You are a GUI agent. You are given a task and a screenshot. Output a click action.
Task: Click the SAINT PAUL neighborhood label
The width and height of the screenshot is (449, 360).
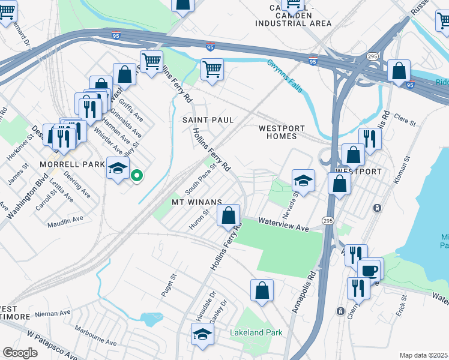click(x=208, y=120)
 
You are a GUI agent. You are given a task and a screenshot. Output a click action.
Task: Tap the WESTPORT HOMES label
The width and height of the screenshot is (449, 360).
click(x=282, y=132)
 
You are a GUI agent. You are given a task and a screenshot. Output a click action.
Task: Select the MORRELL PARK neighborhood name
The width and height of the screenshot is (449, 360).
click(x=64, y=164)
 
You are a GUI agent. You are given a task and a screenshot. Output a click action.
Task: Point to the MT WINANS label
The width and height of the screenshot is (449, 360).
click(x=197, y=202)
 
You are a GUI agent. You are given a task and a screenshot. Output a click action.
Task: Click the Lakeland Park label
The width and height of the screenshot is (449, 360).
click(x=256, y=332)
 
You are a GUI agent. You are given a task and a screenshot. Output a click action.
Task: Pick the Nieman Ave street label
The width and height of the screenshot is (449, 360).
click(x=52, y=313)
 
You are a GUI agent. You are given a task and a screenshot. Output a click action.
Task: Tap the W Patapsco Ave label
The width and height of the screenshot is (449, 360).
click(x=52, y=342)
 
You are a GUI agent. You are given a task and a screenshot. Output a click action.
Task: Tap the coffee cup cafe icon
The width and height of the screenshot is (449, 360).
click(x=369, y=270)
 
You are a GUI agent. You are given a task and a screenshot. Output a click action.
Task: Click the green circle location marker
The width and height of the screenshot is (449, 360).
click(x=137, y=176)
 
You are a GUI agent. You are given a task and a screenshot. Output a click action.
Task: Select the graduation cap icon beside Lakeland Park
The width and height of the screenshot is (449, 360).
click(x=202, y=335)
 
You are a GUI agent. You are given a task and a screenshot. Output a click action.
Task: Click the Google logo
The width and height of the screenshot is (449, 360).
click(x=20, y=353)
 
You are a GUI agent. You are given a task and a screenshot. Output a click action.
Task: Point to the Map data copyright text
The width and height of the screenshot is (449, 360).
click(x=423, y=355)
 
